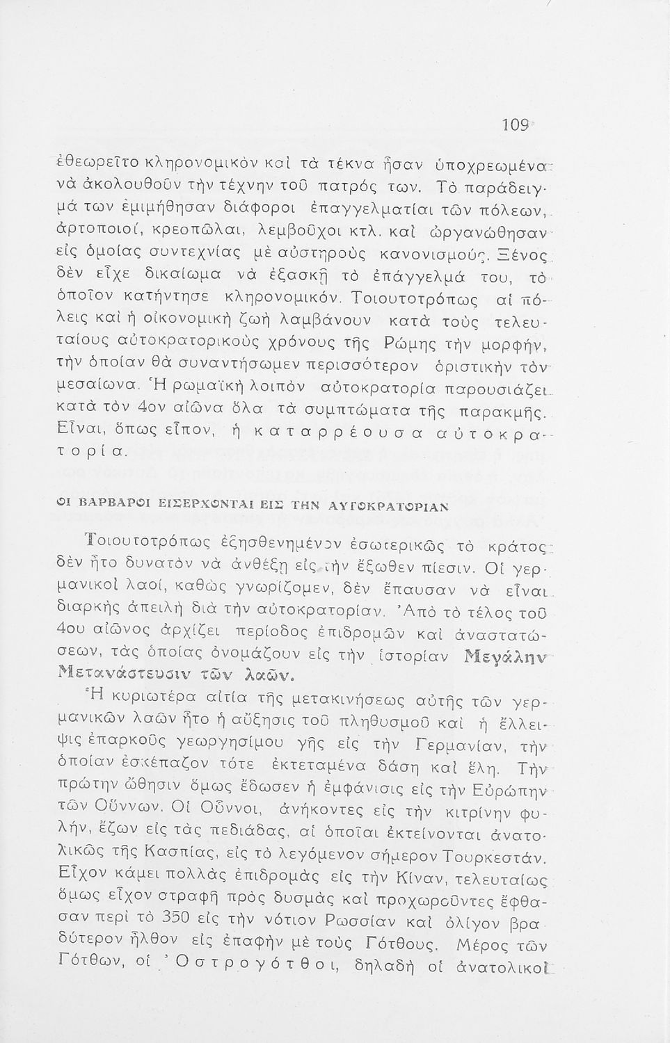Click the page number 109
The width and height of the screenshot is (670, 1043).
tap(515, 125)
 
